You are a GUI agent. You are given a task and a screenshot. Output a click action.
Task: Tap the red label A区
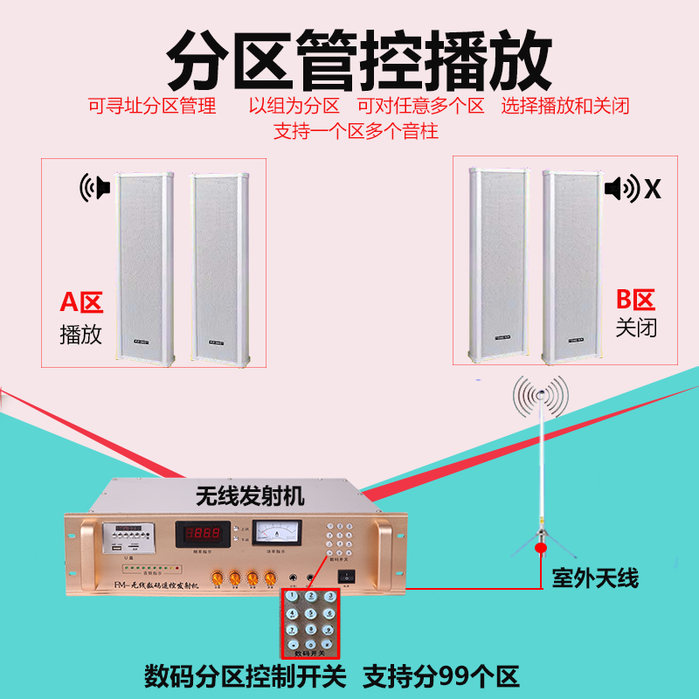coord(81,303)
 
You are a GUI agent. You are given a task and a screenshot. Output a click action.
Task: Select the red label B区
coord(635,301)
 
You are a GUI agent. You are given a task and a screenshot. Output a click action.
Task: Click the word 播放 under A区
coord(81,334)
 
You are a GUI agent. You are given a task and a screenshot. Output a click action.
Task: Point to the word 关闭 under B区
coord(635,329)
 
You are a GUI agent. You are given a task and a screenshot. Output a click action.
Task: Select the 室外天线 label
coord(595,578)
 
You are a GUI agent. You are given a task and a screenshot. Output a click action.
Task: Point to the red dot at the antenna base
coord(541,548)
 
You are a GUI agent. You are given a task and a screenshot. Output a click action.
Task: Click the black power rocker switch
coord(349,577)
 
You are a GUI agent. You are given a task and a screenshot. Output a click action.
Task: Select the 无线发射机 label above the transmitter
coord(248,497)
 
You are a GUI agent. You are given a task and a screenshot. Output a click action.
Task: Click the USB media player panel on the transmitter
coord(118,536)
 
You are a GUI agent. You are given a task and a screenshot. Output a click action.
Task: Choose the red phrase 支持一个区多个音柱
coord(356,132)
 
